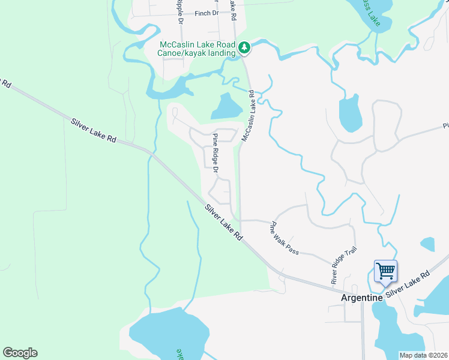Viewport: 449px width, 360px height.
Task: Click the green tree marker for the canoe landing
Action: click(x=244, y=47)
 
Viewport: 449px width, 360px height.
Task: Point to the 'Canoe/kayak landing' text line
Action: click(x=197, y=53)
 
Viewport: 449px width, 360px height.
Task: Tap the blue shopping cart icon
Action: click(x=385, y=271)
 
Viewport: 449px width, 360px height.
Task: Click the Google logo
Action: click(x=20, y=353)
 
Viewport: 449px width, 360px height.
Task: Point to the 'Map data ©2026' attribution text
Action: click(x=423, y=355)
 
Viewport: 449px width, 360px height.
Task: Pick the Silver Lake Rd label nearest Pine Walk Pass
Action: click(x=223, y=223)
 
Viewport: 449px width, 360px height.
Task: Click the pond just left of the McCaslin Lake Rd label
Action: click(x=226, y=107)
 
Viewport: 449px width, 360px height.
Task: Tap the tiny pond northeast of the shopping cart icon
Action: click(x=427, y=244)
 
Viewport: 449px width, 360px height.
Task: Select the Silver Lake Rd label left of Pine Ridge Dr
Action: click(x=93, y=130)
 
